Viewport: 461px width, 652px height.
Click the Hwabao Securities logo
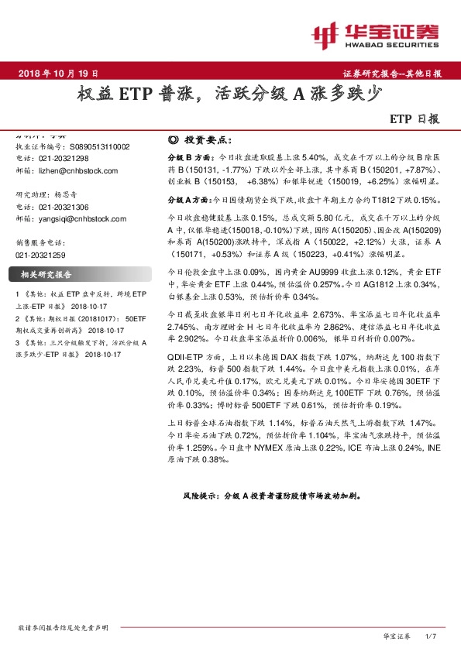pyautogui.click(x=376, y=34)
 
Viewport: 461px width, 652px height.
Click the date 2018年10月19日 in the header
pyautogui.click(x=58, y=74)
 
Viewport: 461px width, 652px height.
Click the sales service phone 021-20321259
pyautogui.click(x=41, y=253)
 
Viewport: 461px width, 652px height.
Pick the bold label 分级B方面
pyautogui.click(x=186, y=156)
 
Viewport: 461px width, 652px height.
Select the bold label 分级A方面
pyautogui.click(x=186, y=200)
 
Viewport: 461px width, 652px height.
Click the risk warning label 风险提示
pyautogui.click(x=200, y=492)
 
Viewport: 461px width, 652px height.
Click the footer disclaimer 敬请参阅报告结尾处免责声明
pyautogui.click(x=62, y=626)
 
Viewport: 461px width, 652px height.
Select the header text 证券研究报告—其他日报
pyautogui.click(x=391, y=74)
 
